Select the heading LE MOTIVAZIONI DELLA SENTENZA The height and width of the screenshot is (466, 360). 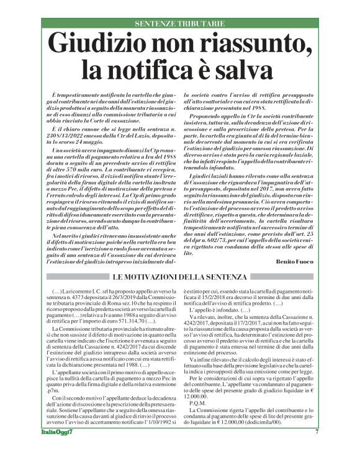[x=180, y=276]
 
